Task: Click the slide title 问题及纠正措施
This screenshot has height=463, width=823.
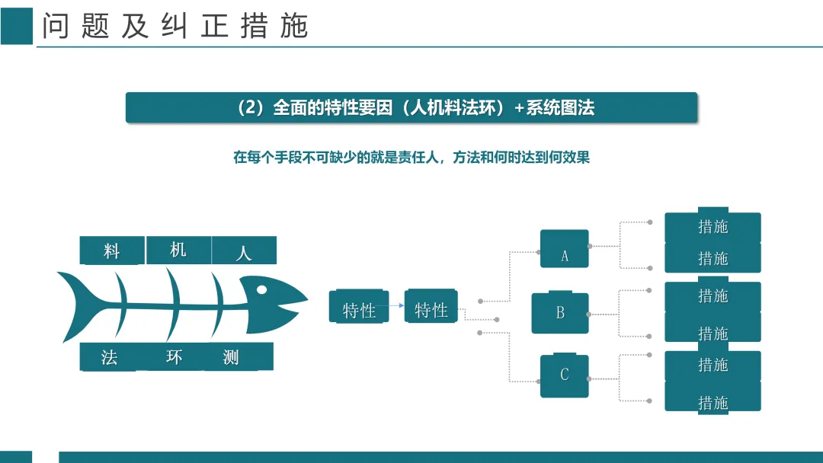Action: (x=175, y=27)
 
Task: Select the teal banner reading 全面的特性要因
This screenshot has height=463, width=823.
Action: (x=411, y=107)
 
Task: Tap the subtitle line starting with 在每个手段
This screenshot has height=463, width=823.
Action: (x=411, y=158)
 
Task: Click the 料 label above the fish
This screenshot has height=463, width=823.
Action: (x=112, y=251)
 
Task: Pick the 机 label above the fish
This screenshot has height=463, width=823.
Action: (x=178, y=250)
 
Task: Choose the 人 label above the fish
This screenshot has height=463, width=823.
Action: (x=244, y=251)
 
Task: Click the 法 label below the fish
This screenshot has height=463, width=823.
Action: (x=109, y=357)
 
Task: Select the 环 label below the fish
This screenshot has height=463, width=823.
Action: (x=175, y=356)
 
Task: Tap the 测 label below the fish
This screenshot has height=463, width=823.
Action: (x=232, y=357)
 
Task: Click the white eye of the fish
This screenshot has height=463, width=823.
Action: (x=261, y=289)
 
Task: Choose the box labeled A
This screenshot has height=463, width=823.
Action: (x=565, y=250)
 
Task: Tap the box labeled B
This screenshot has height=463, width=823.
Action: (x=560, y=312)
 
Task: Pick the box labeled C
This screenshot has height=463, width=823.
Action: (x=565, y=375)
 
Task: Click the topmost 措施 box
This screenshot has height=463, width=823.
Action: (x=713, y=226)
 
